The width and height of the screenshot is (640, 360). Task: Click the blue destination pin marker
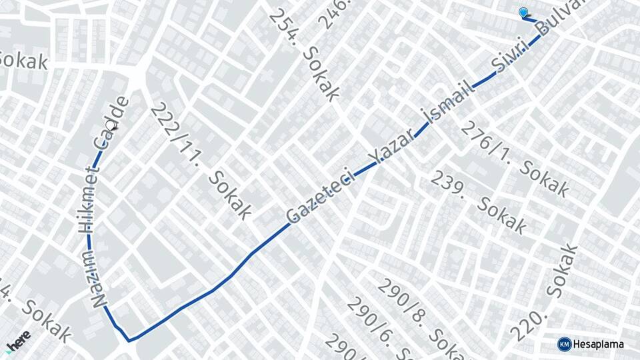point(523,13)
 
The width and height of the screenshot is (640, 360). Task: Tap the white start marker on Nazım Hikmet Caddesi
point(111,125)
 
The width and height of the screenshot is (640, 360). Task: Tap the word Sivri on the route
point(511,55)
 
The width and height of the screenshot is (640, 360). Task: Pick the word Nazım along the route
point(98,278)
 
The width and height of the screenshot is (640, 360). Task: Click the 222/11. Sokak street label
point(200,161)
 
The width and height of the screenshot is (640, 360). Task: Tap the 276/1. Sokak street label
point(516,159)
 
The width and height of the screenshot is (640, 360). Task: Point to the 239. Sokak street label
point(478,201)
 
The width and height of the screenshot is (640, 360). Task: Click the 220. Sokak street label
point(543,293)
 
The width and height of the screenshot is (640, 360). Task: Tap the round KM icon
point(564,344)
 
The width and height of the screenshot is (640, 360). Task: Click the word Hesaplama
point(598,344)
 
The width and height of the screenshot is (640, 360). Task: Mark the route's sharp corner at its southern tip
point(129,340)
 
